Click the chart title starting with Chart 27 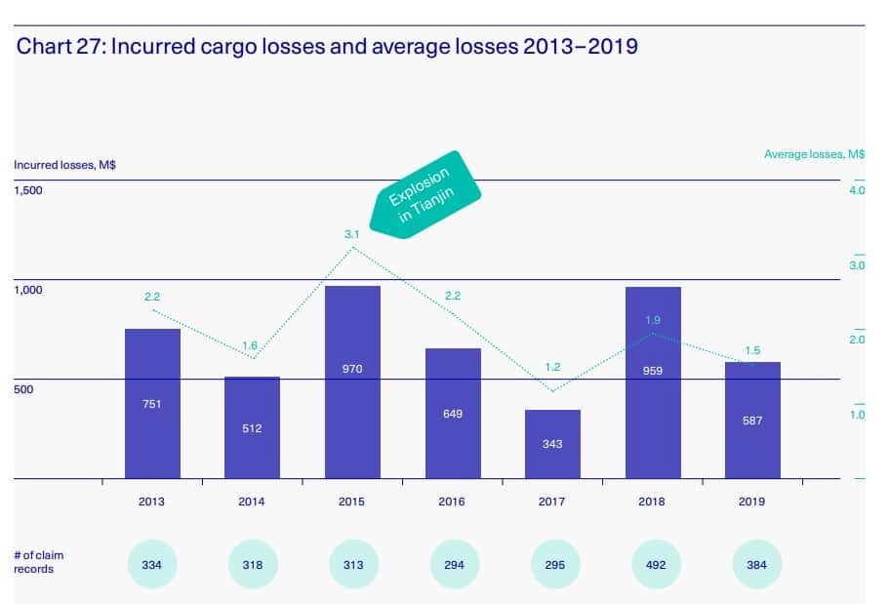click(x=327, y=47)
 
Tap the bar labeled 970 click(x=352, y=382)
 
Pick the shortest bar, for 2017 click(x=552, y=444)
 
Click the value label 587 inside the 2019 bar click(x=751, y=421)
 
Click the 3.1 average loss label click(x=352, y=234)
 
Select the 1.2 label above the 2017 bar click(x=552, y=367)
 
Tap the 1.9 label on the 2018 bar click(x=653, y=320)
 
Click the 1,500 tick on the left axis click(x=28, y=190)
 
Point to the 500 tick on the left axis click(x=22, y=389)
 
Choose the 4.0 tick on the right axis click(x=857, y=190)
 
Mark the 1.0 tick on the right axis click(x=857, y=415)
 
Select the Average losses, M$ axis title click(x=814, y=154)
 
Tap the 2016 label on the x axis click(x=452, y=503)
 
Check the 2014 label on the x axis click(x=252, y=503)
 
